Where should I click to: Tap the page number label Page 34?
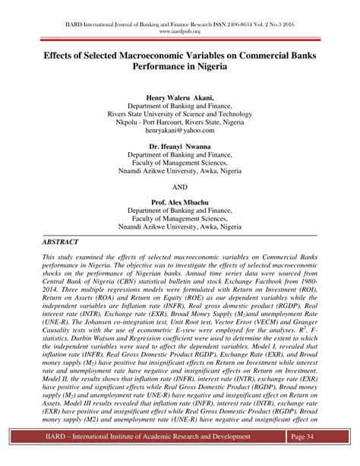click(x=309, y=436)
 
